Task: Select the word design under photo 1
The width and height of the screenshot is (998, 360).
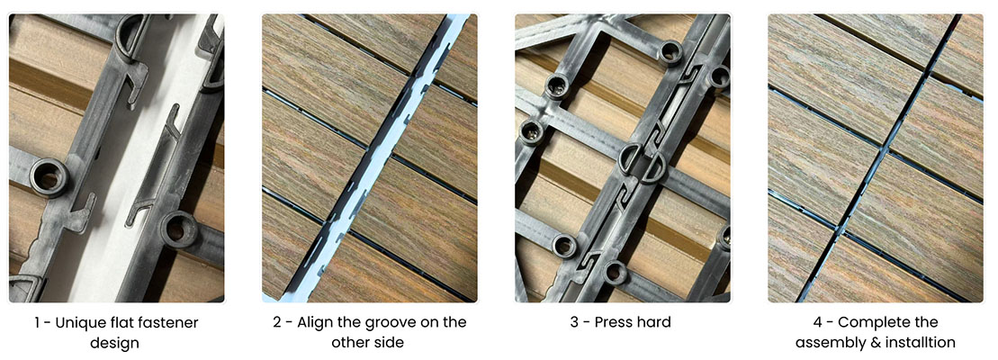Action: tap(115, 343)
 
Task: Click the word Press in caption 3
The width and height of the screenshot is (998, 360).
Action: tap(604, 322)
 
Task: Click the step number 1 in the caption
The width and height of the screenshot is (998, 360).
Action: tap(42, 322)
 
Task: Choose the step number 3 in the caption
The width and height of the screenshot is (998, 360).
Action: tap(573, 322)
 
